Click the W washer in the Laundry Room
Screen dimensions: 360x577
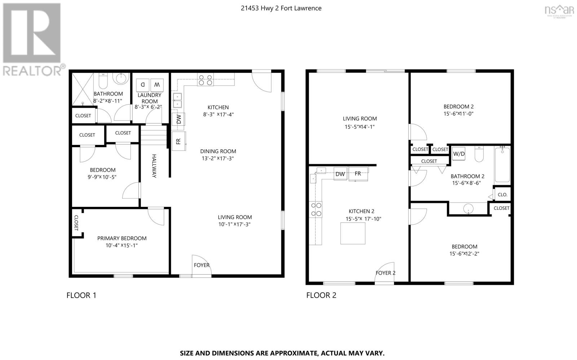click(157, 85)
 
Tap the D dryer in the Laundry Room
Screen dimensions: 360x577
click(142, 85)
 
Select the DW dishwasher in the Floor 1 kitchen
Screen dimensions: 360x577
click(179, 119)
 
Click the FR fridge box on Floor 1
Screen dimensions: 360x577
click(179, 141)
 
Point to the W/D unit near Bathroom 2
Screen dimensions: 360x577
click(459, 154)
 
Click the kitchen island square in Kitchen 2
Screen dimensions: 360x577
click(353, 233)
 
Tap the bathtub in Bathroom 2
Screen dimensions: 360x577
click(502, 165)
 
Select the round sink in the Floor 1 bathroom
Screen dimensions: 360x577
click(122, 78)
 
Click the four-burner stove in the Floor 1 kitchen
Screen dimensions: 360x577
click(205, 80)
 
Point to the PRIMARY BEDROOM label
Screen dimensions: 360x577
click(122, 238)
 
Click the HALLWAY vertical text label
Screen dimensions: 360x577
click(154, 166)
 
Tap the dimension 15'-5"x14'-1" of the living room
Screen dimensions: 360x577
click(360, 126)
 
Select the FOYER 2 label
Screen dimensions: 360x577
click(385, 273)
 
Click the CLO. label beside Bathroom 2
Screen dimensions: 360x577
click(502, 195)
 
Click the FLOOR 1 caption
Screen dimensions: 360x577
click(81, 295)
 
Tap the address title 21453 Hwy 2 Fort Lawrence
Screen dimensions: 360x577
click(281, 8)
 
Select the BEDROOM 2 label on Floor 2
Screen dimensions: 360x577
click(458, 106)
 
